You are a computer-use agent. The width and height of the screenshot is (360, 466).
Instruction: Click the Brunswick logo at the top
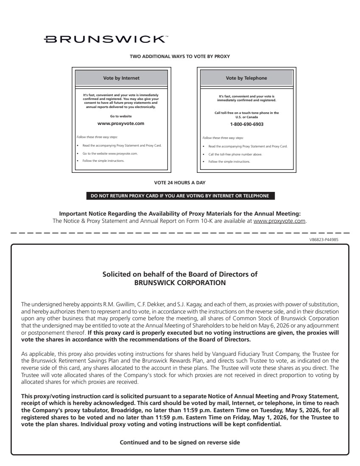coord(106,39)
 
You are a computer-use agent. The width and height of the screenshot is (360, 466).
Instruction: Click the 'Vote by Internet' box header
coord(121,78)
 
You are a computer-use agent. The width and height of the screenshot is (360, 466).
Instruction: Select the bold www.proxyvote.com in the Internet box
coord(121,123)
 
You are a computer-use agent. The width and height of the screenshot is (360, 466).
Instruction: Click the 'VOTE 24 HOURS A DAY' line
coord(180,183)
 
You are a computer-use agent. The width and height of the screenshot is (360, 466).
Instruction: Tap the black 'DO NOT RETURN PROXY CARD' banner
coord(180,196)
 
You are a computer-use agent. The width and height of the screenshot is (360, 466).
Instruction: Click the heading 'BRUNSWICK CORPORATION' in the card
coord(180,282)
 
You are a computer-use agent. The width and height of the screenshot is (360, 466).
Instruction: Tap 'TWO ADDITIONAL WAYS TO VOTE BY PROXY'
coord(180,56)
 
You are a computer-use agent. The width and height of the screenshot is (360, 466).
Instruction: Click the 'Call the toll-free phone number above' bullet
coord(235,154)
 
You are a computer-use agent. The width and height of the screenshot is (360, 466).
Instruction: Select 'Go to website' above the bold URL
coord(121,116)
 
